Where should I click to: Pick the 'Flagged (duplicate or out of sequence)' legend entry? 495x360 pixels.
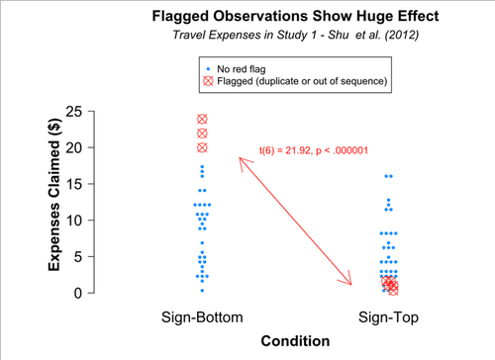(302, 80)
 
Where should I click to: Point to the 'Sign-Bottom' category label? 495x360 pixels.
(202, 316)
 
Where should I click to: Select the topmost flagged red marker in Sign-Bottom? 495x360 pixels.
(202, 119)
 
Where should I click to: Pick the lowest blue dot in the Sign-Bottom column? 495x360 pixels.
(202, 290)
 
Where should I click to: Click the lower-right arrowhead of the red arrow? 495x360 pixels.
(350, 284)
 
